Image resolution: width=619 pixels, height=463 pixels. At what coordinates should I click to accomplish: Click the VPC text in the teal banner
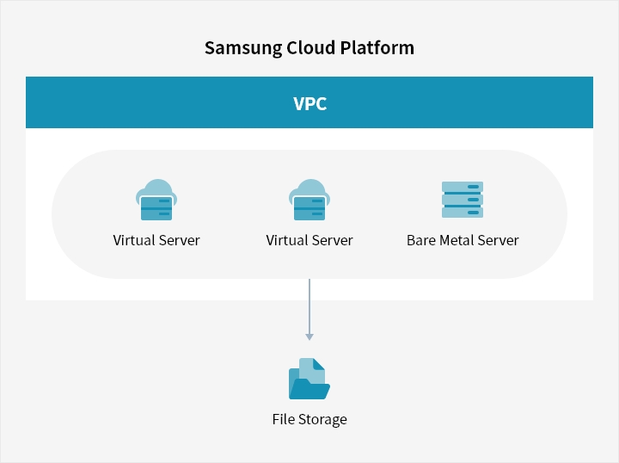click(309, 103)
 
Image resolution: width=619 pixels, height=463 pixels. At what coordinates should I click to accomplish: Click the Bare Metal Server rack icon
click(463, 200)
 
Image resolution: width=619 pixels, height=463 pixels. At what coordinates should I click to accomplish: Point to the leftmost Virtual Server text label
click(156, 240)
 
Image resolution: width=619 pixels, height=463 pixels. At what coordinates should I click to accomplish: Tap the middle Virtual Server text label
click(309, 240)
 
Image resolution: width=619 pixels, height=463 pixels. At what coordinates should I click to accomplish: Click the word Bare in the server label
click(421, 240)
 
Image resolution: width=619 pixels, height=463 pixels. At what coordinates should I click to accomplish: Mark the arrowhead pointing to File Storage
click(309, 337)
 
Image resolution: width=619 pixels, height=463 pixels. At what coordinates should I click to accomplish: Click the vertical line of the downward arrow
click(309, 306)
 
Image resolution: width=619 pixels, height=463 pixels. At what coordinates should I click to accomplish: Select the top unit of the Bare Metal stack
click(463, 187)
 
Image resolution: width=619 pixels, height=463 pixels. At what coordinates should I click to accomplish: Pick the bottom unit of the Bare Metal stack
click(463, 213)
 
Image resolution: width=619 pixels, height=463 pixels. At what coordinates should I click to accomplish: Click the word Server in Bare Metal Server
click(499, 240)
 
